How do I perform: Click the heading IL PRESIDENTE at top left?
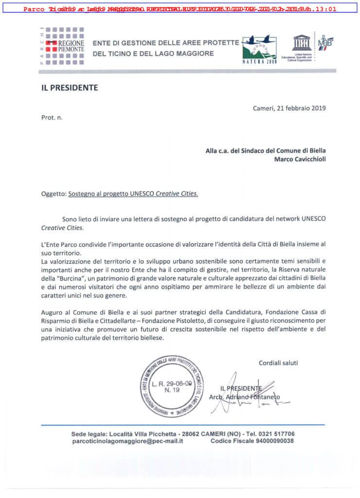pos(70,88)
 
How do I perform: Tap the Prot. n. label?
pos(52,117)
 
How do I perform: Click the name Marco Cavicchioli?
pos(300,159)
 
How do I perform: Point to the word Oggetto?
pos(53,193)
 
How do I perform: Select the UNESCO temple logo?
pos(302,43)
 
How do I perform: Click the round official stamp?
pos(172,386)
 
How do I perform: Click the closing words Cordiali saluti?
pos(278,363)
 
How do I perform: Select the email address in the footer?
pos(127,441)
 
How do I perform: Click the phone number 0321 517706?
pos(276,434)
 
